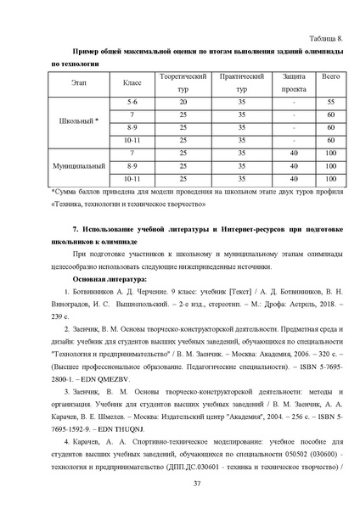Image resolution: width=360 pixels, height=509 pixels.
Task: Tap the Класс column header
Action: pos(132,82)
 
